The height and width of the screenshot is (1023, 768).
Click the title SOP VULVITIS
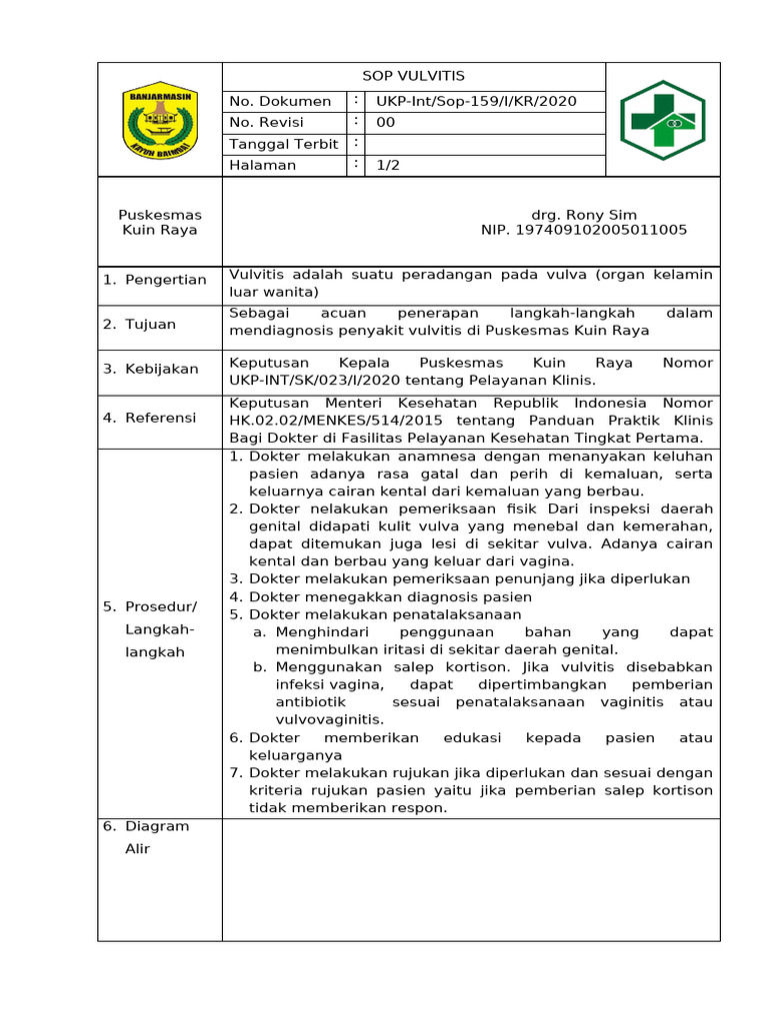[413, 76]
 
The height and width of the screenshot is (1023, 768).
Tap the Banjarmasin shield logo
[160, 120]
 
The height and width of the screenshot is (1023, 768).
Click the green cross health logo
[662, 120]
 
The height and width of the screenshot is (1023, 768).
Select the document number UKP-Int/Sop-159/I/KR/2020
[476, 101]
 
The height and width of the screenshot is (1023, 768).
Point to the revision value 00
[386, 123]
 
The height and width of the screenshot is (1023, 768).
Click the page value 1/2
[388, 165]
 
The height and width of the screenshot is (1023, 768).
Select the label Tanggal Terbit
[284, 144]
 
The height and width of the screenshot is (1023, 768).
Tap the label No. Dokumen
[280, 101]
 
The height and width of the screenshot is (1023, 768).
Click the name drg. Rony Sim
[584, 215]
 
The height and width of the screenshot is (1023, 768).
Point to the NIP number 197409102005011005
[584, 230]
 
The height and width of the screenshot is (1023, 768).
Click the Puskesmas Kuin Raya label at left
[160, 222]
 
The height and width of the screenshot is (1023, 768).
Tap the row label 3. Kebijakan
[151, 369]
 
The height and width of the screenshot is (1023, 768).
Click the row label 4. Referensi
[150, 418]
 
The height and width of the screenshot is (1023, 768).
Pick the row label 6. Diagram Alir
[147, 837]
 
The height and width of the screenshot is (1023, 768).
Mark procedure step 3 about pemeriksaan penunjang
[470, 578]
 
